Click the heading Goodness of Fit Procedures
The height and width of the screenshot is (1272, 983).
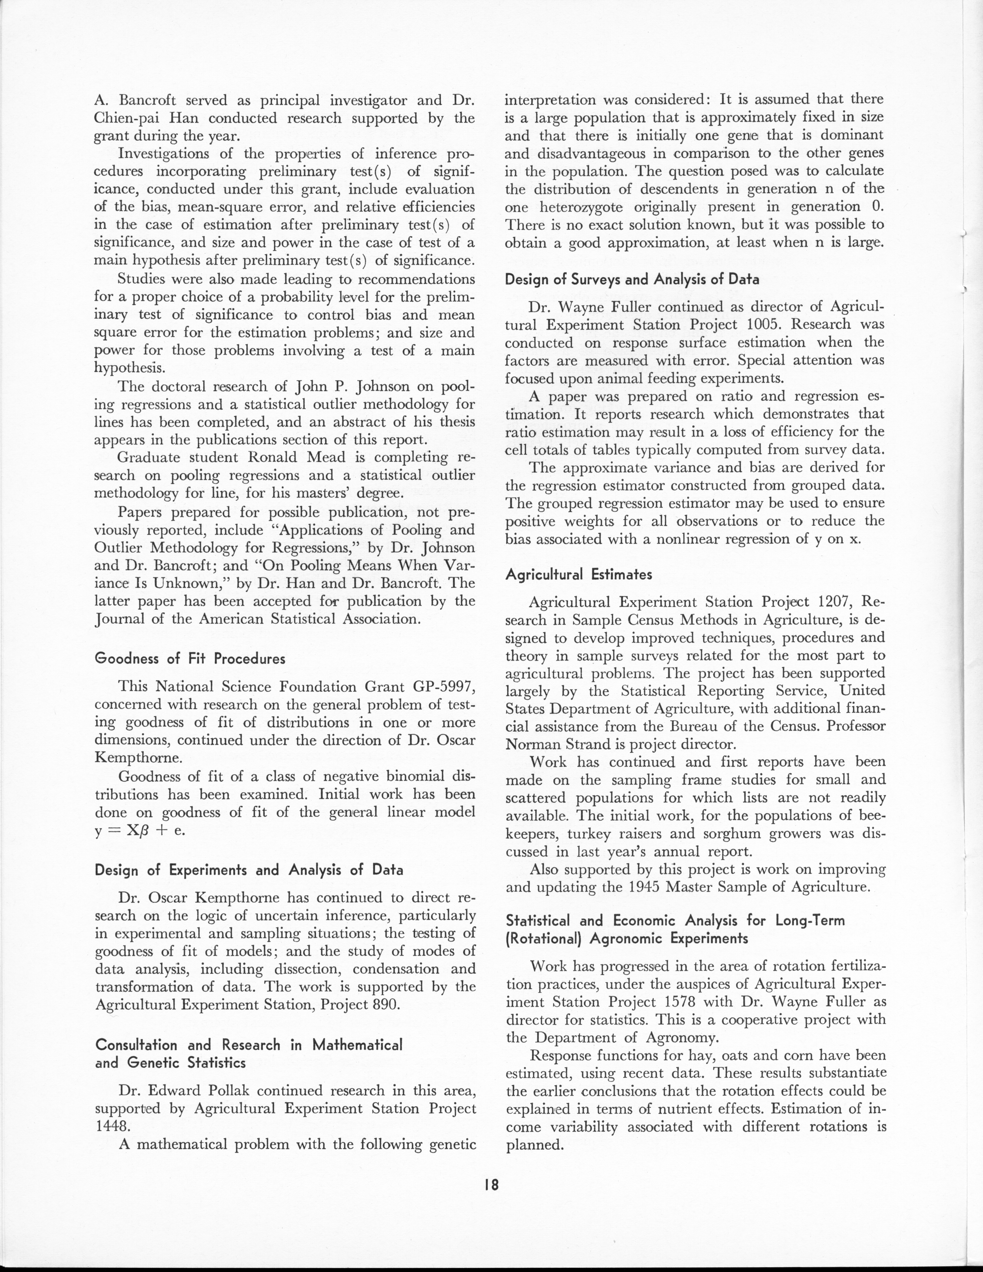pos(190,659)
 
